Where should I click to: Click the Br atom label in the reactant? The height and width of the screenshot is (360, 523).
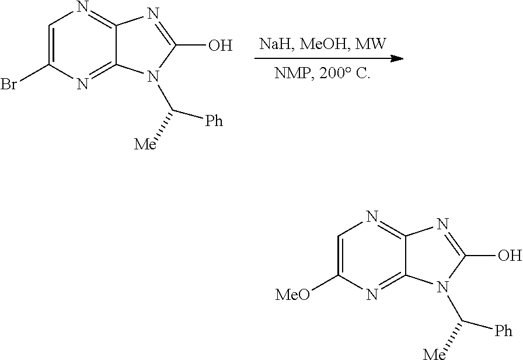(x=9, y=84)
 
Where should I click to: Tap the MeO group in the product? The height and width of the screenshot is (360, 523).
(x=293, y=295)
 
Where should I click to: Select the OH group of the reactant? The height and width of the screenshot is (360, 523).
(x=220, y=45)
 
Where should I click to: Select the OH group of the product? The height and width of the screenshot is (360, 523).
(x=510, y=256)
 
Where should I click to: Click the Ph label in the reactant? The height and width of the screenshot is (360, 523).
(x=214, y=120)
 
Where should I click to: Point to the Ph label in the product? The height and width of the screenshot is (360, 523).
(x=503, y=331)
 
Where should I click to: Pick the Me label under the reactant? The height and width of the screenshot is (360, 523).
(x=145, y=144)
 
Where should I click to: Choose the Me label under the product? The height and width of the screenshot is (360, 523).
(x=434, y=354)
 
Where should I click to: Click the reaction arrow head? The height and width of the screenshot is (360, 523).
(x=397, y=59)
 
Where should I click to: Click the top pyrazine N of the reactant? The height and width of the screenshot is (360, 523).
(x=82, y=8)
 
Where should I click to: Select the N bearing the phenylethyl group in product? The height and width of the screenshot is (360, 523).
(x=442, y=287)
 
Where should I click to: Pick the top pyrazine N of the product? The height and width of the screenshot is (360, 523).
(x=372, y=218)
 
